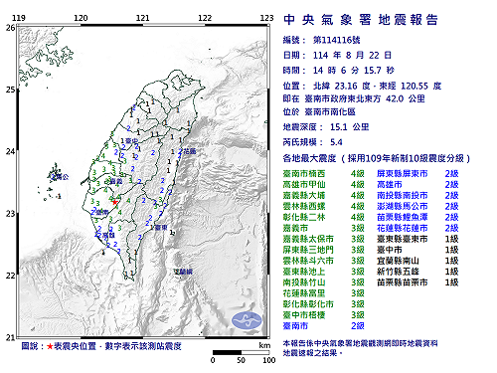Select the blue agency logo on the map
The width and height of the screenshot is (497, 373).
click(x=243, y=319)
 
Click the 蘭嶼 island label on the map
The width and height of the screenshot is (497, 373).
click(x=183, y=271)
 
